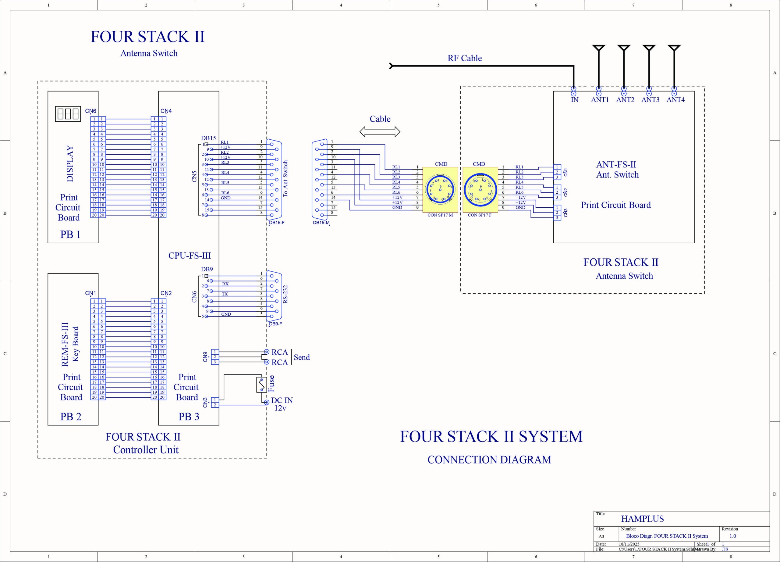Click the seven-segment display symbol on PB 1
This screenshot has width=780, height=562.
point(68,114)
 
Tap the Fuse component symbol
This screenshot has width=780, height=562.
point(261,385)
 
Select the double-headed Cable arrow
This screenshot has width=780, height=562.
point(380,131)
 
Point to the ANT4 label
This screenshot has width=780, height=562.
point(675,100)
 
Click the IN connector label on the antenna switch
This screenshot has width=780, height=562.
point(575,100)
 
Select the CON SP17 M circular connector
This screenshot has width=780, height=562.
point(440,190)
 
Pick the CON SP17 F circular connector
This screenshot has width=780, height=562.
point(480,190)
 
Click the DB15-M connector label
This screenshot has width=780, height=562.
point(321,223)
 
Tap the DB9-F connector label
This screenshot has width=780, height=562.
point(275,324)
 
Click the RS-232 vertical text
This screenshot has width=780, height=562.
point(285,294)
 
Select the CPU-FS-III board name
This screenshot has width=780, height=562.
point(190,255)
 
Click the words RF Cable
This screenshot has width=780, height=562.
point(464,58)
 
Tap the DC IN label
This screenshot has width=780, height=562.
point(282,400)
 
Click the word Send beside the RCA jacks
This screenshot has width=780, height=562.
point(302,357)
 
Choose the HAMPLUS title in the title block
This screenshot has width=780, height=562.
point(642,519)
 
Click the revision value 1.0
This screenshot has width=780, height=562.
point(732,536)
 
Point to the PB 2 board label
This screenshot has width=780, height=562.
point(71,417)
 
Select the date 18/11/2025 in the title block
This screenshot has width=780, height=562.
point(629,544)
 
